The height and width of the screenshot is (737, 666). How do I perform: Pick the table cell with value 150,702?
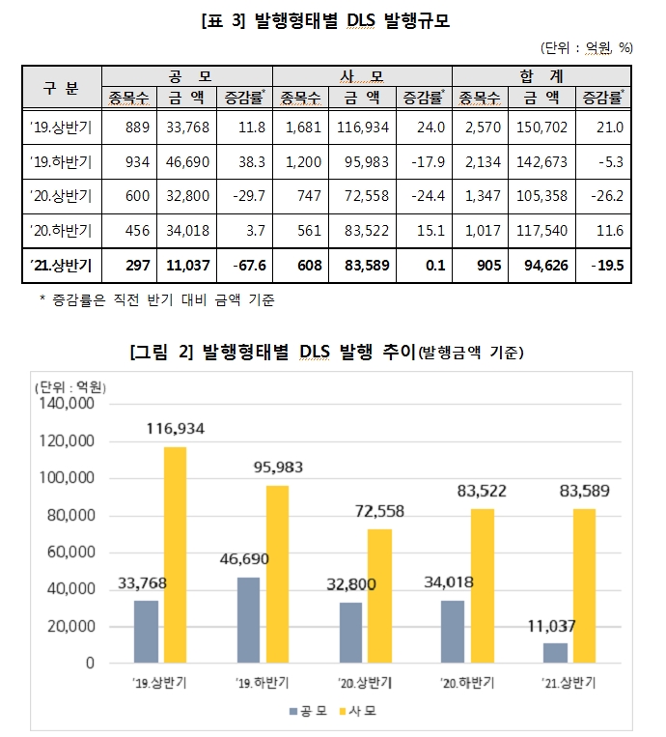point(542,126)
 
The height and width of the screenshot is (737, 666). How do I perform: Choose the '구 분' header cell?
point(61,85)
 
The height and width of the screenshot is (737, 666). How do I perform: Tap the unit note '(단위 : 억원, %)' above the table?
point(587,46)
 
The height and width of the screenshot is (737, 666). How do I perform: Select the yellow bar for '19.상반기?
point(175,554)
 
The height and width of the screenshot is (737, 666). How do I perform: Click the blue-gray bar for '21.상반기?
point(555,653)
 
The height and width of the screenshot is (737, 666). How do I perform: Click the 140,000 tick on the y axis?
point(66,405)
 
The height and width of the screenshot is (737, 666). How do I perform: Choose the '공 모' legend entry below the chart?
point(309,712)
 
